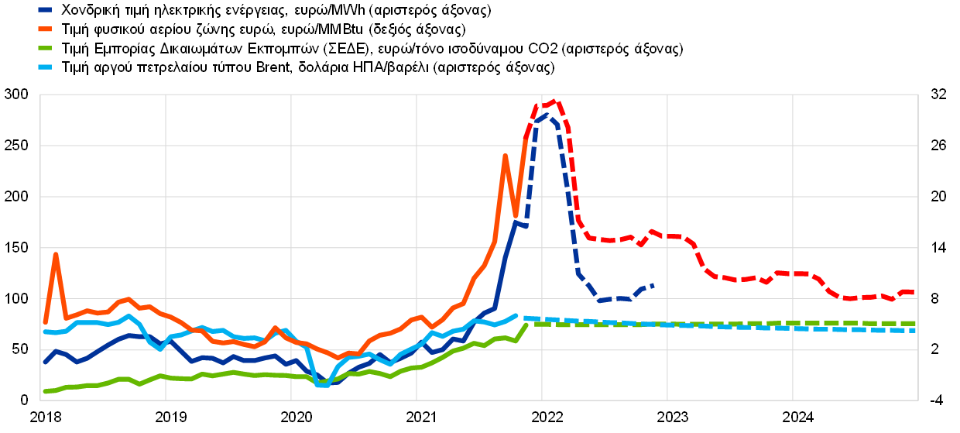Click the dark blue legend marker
pyautogui.click(x=45, y=10)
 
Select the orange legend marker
pyautogui.click(x=45, y=29)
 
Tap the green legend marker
pyautogui.click(x=45, y=48)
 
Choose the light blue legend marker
pyautogui.click(x=45, y=67)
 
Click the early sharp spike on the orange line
pyautogui.click(x=56, y=254)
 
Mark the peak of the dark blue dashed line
pyautogui.click(x=546, y=115)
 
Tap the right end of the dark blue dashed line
pyautogui.click(x=654, y=285)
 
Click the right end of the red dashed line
pyautogui.click(x=914, y=293)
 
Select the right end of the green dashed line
pyautogui.click(x=915, y=323)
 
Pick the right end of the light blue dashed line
pyautogui.click(x=915, y=331)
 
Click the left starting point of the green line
pyautogui.click(x=45, y=392)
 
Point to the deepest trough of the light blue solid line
pyautogui.click(x=322, y=384)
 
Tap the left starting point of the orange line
pyautogui.click(x=45, y=321)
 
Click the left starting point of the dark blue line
pyautogui.click(x=45, y=363)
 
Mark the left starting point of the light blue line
pyautogui.click(x=45, y=332)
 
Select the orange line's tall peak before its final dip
pyautogui.click(x=505, y=156)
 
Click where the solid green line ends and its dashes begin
pyautogui.click(x=527, y=324)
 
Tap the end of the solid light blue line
pyautogui.click(x=516, y=315)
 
